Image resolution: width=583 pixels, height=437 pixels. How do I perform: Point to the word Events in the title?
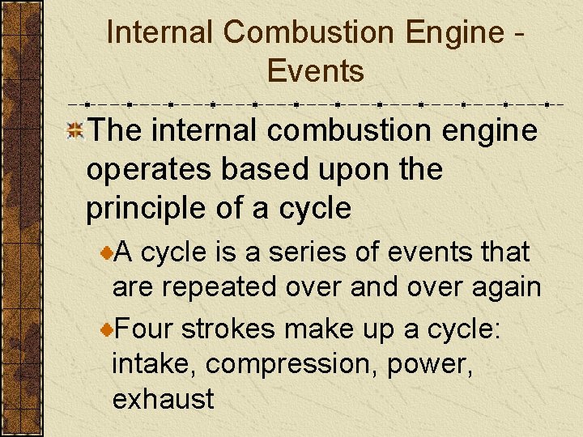315,71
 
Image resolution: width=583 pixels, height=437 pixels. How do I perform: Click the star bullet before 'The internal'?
75,129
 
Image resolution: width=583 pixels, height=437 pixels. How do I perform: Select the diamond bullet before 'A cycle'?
106,253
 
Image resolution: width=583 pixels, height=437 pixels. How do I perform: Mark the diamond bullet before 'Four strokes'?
106,329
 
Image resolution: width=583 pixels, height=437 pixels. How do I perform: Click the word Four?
145,329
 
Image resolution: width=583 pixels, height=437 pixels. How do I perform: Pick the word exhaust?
164,398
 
